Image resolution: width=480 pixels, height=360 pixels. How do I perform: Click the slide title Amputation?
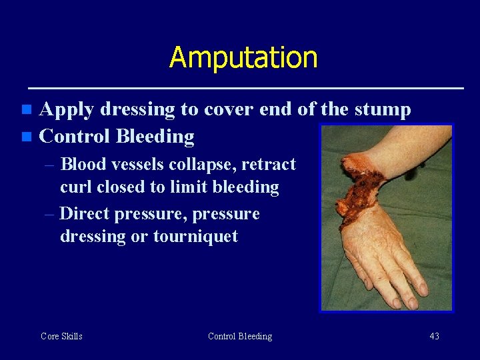tap(243, 57)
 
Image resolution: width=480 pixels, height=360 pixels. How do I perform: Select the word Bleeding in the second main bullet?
tap(155, 137)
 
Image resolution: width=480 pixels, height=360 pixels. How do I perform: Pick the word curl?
tap(76, 187)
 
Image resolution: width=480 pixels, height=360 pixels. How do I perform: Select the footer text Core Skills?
tap(61, 336)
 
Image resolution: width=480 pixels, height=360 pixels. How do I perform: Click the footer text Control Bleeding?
tap(240, 336)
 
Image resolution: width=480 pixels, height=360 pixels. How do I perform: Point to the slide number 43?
tap(434, 336)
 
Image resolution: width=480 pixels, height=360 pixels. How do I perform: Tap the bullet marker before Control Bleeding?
tap(26, 137)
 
